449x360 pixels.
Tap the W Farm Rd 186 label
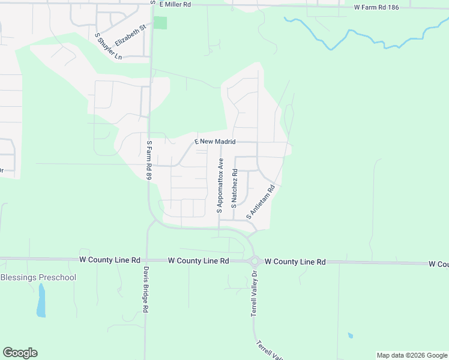tap(376, 7)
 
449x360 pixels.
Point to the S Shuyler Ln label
tap(109, 46)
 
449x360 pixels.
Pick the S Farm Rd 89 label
tap(149, 160)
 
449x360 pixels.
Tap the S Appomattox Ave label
tap(220, 186)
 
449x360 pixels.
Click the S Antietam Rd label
tap(261, 202)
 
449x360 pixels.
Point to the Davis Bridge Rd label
tap(145, 289)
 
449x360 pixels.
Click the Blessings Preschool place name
tap(38, 277)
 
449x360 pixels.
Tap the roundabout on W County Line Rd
tap(255, 261)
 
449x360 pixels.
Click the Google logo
tap(20, 353)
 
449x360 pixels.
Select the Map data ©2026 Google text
tap(412, 355)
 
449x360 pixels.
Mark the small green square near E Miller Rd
tap(160, 23)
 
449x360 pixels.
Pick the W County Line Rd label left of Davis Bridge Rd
tap(110, 260)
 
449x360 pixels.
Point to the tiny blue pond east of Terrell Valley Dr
tap(350, 335)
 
